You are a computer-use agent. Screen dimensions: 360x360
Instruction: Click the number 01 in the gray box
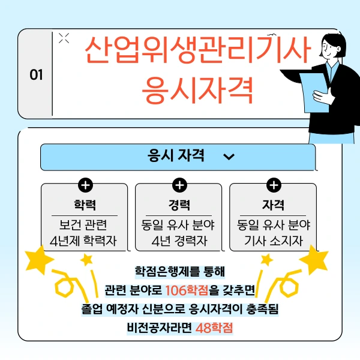(x=36, y=75)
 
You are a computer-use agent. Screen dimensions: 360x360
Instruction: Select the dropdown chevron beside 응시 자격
(x=229, y=157)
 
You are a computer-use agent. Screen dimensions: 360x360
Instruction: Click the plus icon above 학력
(x=85, y=185)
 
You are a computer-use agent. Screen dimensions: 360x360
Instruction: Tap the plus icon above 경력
(x=179, y=185)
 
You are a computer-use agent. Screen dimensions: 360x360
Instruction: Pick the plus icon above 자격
(x=273, y=185)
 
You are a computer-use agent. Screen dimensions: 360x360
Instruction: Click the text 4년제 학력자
(x=84, y=242)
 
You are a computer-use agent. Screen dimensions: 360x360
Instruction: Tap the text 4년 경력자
(x=179, y=242)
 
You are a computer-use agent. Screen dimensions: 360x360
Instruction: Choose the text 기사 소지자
(x=273, y=242)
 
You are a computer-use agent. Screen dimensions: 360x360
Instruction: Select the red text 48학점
(x=214, y=328)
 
